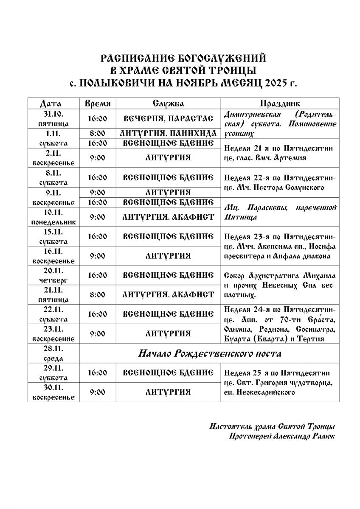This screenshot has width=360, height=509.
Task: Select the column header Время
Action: [98, 103]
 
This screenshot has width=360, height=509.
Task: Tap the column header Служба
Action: [168, 103]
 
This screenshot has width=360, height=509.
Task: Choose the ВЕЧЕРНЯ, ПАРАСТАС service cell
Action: [168, 119]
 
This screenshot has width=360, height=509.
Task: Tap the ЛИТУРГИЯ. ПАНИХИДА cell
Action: [168, 134]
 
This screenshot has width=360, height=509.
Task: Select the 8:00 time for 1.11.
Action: [98, 134]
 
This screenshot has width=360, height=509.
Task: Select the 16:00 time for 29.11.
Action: [98, 373]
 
